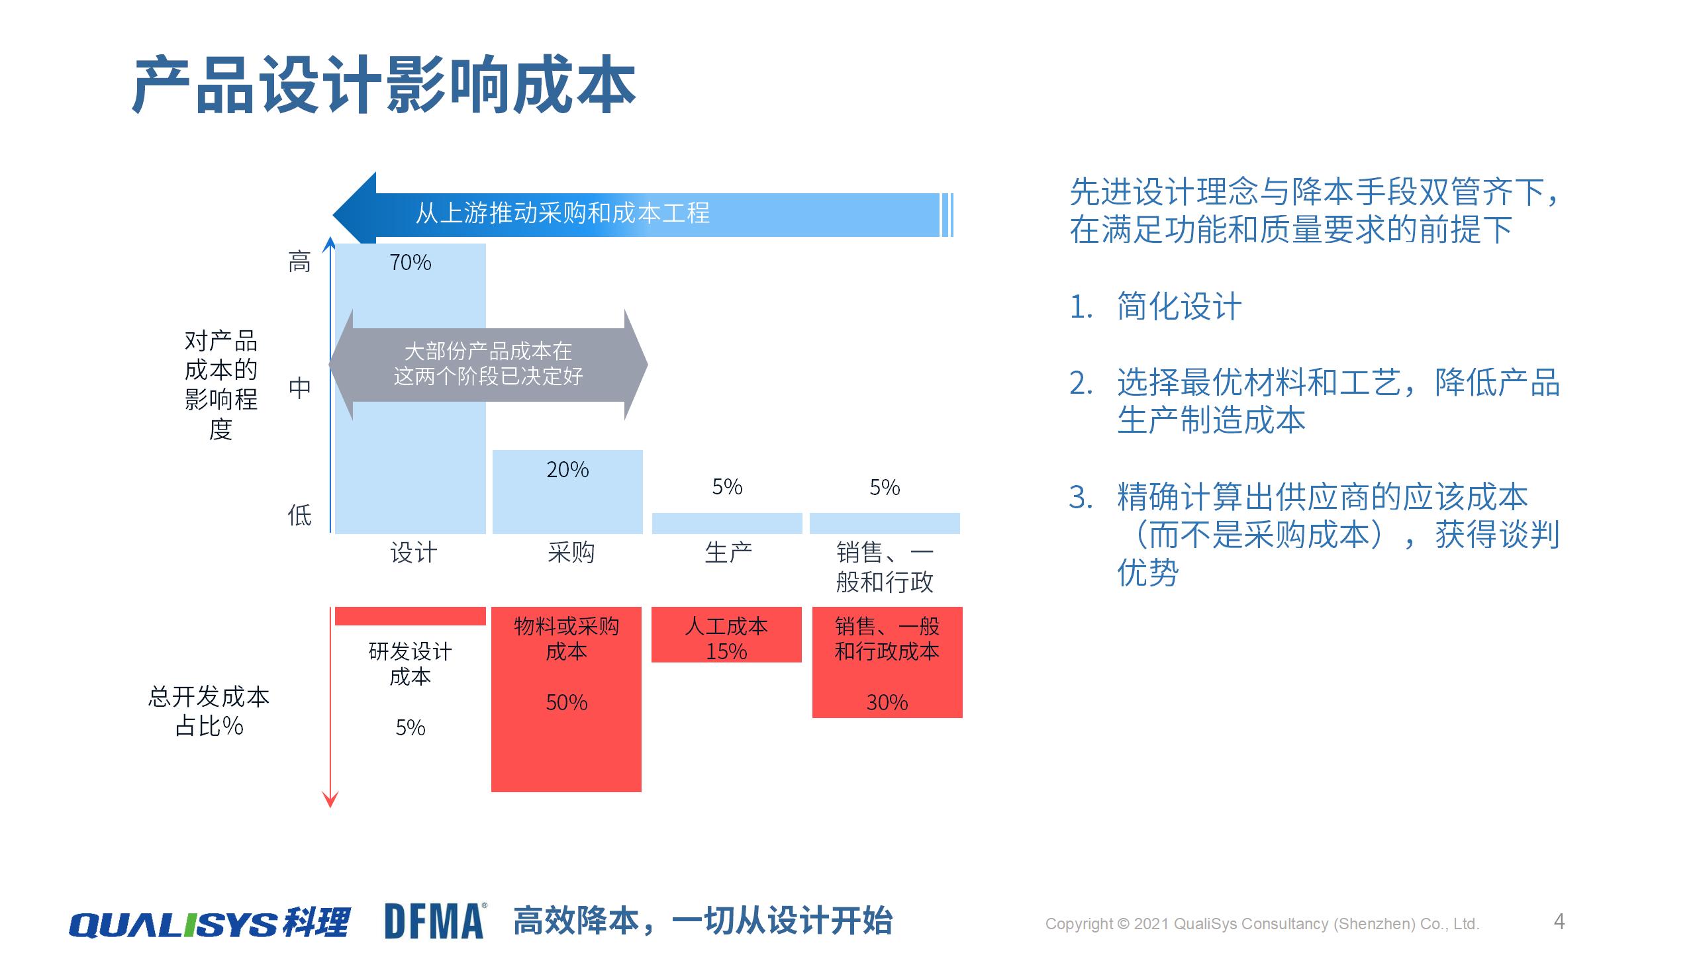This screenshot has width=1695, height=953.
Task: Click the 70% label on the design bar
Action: (x=410, y=263)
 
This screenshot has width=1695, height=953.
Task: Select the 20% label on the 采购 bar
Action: (x=567, y=470)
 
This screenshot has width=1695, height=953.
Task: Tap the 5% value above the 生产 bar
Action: (x=727, y=487)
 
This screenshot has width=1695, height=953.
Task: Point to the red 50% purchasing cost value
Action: (x=567, y=702)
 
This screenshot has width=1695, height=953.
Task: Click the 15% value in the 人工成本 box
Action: (x=726, y=652)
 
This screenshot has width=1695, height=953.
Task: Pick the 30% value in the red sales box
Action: (x=887, y=702)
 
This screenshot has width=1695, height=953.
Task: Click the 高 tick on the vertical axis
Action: (x=299, y=263)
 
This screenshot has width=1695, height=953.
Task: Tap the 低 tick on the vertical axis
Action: (x=299, y=515)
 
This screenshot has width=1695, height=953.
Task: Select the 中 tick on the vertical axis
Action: (x=299, y=388)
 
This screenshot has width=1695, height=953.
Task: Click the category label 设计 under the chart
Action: (x=413, y=553)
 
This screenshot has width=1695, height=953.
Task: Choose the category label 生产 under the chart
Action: (x=728, y=553)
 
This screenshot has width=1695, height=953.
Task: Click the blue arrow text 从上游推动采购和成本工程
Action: (x=562, y=213)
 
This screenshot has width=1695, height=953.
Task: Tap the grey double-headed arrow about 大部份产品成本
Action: (x=488, y=364)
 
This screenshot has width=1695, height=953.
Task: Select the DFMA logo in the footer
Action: (x=435, y=921)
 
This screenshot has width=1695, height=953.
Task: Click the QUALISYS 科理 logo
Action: (x=209, y=923)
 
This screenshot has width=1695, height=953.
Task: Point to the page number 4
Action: (x=1559, y=921)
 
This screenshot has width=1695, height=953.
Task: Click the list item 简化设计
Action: (x=1179, y=307)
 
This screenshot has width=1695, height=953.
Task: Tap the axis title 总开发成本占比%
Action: (x=209, y=711)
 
